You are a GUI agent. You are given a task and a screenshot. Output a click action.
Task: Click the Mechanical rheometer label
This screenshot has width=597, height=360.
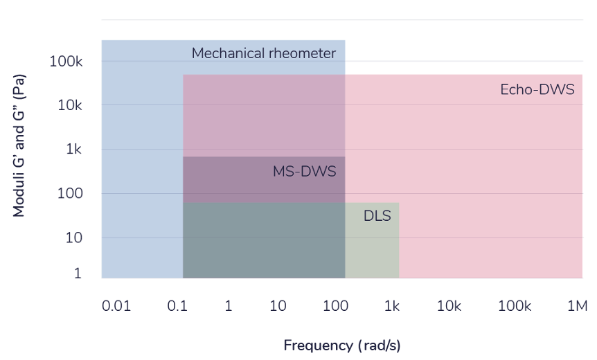[263, 53]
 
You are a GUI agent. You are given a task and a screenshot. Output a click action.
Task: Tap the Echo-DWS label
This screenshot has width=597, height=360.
[537, 89]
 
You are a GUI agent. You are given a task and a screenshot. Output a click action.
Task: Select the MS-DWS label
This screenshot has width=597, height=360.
[304, 172]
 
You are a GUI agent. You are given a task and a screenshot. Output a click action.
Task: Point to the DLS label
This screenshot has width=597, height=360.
[377, 216]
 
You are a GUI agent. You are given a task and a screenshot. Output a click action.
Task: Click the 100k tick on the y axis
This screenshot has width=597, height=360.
[66, 62]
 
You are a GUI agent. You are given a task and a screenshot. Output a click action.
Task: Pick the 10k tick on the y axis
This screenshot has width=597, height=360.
[70, 105]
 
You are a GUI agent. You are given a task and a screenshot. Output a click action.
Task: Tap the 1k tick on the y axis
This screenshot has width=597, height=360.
[74, 150]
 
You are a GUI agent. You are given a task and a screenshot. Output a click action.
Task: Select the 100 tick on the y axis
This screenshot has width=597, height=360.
[71, 193]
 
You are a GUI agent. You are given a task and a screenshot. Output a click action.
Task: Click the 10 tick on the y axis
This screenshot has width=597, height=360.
[75, 237]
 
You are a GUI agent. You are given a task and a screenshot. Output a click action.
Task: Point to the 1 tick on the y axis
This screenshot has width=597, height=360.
[78, 273]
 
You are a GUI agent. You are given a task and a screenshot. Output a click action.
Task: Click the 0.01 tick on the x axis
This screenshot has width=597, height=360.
[116, 305]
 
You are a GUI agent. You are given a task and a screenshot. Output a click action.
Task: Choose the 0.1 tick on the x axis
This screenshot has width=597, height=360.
[178, 305]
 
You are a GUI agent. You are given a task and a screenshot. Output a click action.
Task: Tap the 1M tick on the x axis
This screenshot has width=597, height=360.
[576, 305]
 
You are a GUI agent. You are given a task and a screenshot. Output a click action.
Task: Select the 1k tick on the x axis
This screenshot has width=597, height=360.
[392, 305]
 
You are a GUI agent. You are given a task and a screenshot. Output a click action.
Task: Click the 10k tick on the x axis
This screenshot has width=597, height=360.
[449, 305]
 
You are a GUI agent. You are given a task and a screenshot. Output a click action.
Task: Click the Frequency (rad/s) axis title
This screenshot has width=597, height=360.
[342, 345]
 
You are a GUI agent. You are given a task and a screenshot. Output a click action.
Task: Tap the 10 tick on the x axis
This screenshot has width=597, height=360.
[278, 305]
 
